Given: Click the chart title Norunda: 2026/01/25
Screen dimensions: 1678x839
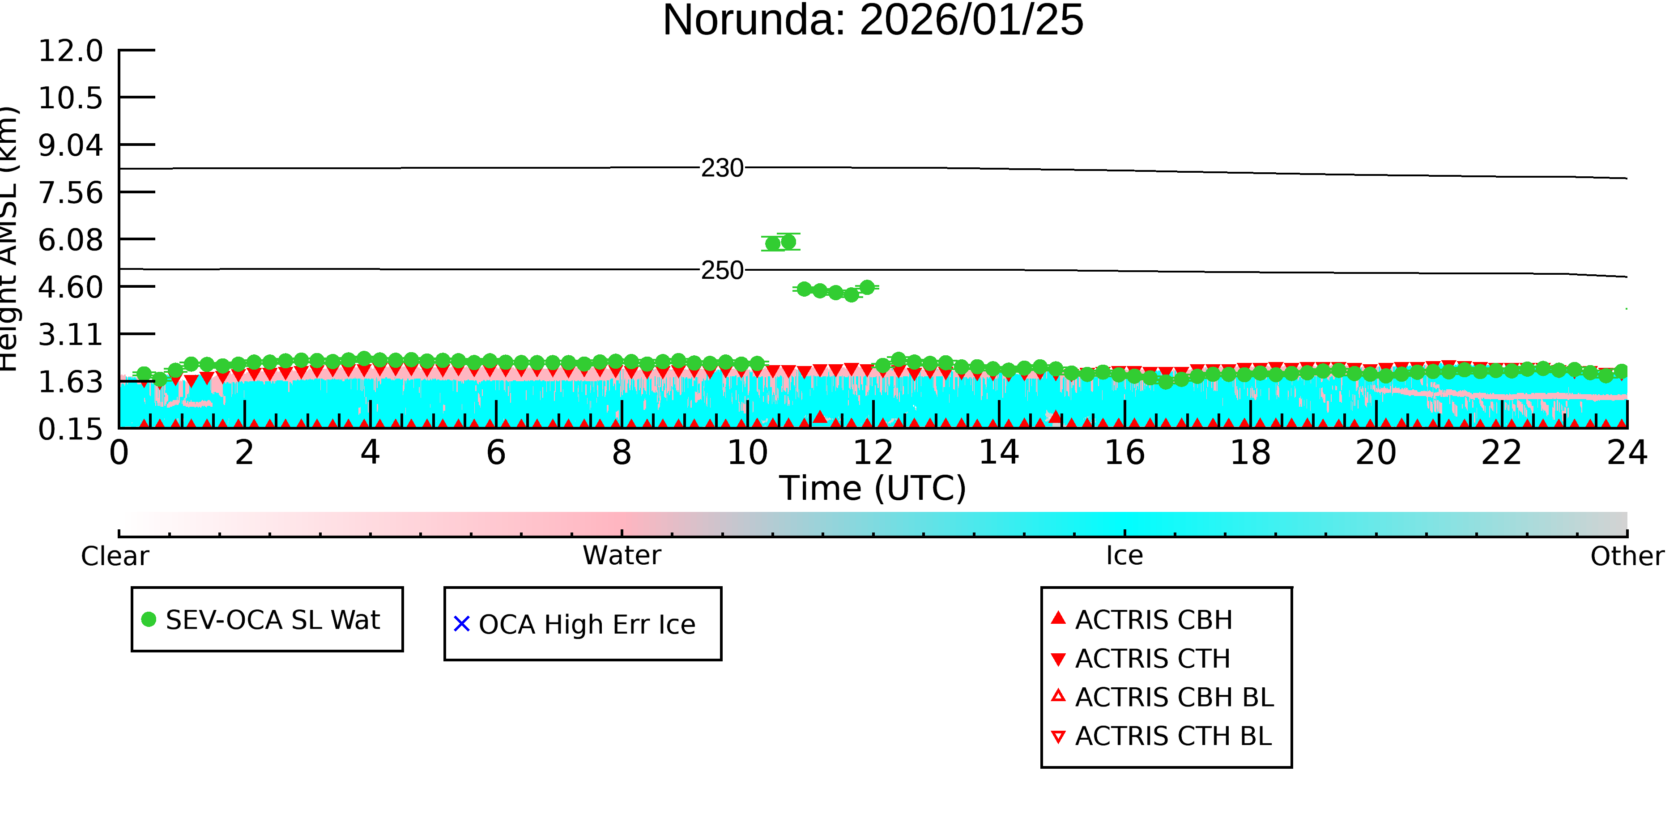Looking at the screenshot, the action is (x=873, y=20).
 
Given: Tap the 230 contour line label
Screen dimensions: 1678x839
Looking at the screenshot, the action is (x=722, y=168).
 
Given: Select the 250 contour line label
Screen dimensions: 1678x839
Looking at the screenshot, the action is (x=722, y=270).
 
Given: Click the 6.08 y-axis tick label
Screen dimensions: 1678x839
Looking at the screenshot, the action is (x=70, y=240).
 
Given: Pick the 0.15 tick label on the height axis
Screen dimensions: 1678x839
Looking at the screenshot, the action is (x=70, y=429).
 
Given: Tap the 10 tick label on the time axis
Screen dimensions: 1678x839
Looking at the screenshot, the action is (x=747, y=453).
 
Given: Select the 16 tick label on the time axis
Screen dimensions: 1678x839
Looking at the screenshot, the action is (x=1124, y=453).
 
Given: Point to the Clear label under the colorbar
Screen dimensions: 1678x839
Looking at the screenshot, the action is (x=115, y=556).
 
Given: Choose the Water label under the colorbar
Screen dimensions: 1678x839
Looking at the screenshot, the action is (x=622, y=556).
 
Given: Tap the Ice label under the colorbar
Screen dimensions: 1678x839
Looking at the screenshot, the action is (x=1124, y=556).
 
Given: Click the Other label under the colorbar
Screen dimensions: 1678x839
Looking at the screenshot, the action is (x=1627, y=556).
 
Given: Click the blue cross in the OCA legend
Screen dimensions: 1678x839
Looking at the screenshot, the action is (x=462, y=624).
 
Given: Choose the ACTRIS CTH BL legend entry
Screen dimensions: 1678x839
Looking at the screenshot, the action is (x=1162, y=736).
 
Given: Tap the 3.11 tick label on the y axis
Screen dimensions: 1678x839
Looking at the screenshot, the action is (x=70, y=335).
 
